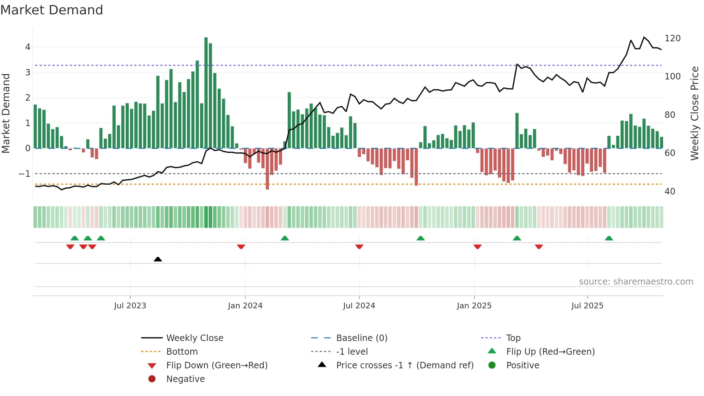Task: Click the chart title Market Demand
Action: [52, 10]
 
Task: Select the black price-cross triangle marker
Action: [158, 259]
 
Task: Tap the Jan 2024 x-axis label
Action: [245, 306]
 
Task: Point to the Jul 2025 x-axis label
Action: [587, 306]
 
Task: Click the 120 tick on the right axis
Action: [672, 38]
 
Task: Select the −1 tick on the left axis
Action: [24, 174]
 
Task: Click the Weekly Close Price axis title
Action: [695, 113]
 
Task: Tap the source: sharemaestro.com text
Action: [636, 282]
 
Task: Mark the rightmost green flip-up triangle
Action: [609, 238]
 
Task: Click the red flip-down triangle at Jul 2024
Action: [359, 247]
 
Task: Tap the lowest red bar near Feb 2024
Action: [267, 169]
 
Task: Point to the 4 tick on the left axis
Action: [28, 47]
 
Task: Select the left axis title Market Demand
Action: [6, 113]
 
